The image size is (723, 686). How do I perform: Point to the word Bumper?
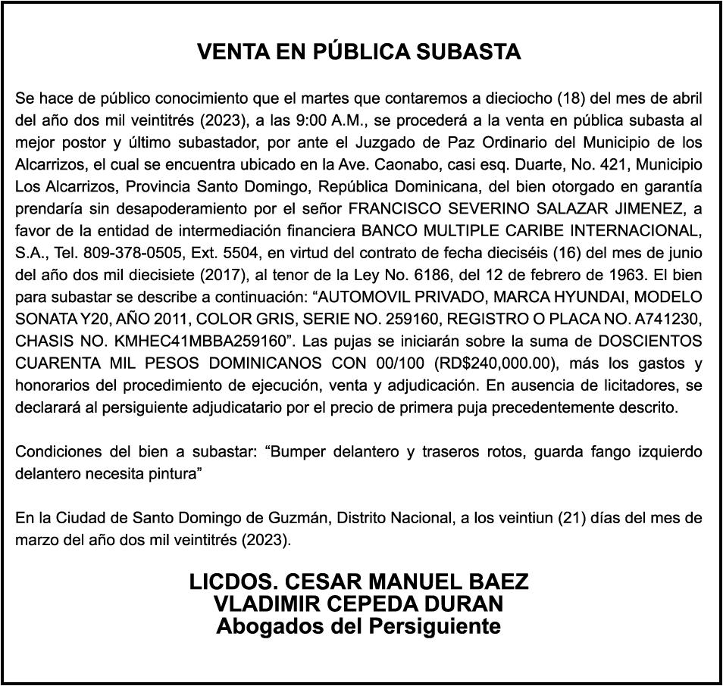[x=301, y=453]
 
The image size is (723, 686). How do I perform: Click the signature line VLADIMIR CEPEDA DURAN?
[x=358, y=604]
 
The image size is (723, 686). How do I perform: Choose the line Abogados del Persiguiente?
[x=358, y=626]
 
